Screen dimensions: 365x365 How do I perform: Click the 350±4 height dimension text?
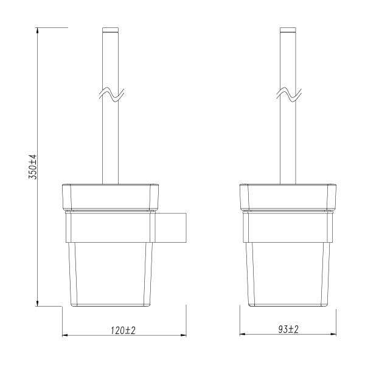click(x=34, y=166)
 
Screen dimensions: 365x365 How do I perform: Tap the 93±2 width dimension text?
click(x=288, y=329)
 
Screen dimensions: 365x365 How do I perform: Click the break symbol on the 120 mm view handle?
click(x=111, y=94)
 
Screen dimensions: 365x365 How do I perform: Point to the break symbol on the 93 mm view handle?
click(x=290, y=94)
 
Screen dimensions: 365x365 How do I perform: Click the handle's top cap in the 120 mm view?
click(x=111, y=30)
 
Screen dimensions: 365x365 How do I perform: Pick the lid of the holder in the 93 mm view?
click(x=288, y=196)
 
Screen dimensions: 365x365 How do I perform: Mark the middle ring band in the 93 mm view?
click(x=288, y=226)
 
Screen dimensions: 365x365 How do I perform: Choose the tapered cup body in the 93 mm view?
click(x=288, y=274)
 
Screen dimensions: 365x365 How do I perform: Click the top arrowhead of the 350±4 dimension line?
click(x=38, y=30)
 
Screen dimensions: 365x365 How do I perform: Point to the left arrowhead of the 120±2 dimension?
click(x=66, y=335)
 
